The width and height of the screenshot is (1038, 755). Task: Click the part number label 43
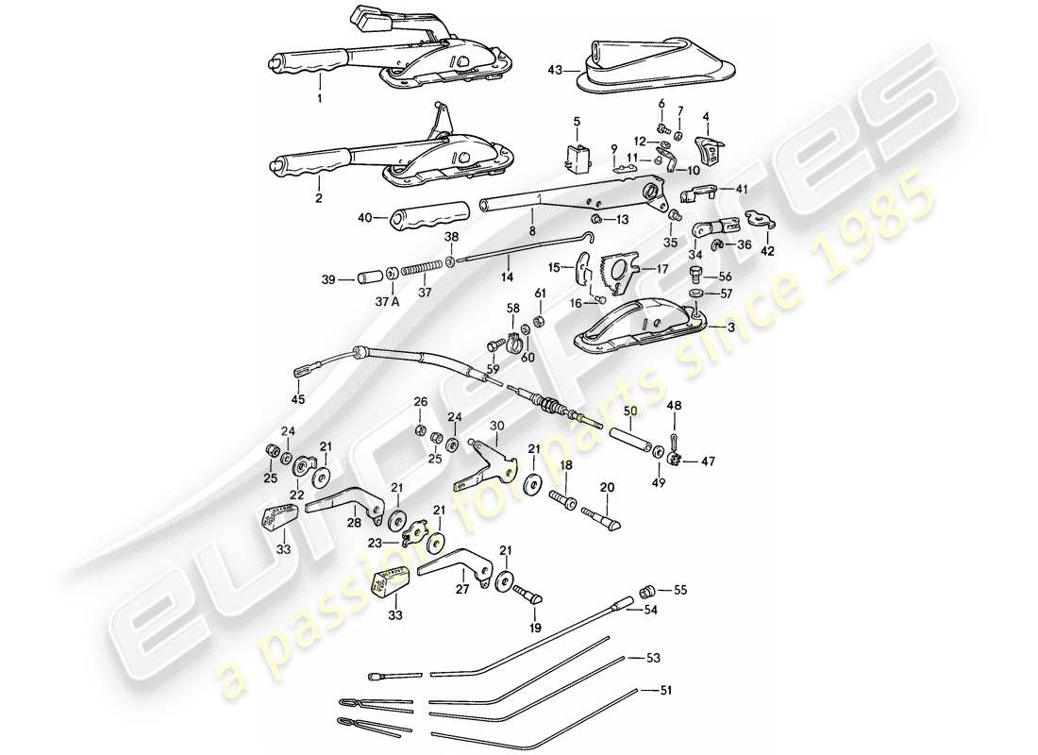555,69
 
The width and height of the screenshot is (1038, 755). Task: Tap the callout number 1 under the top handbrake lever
319,98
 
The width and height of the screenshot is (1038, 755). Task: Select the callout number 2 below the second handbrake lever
319,199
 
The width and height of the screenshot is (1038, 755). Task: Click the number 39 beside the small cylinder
327,279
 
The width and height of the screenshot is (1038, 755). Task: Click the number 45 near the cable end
299,399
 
